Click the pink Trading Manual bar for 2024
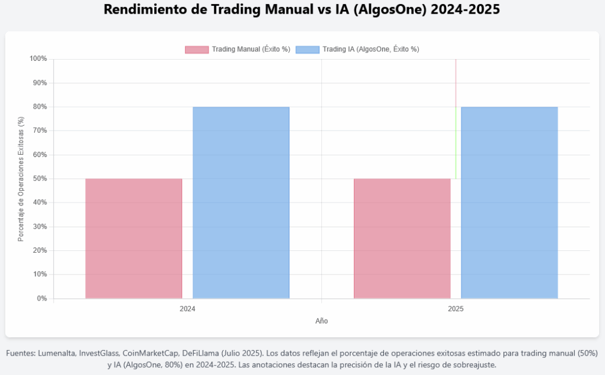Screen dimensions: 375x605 click(x=134, y=239)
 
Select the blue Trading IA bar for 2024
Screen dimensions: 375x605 click(x=241, y=203)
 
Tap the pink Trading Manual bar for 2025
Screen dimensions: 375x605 click(x=402, y=239)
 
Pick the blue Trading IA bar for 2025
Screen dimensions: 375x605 click(x=509, y=203)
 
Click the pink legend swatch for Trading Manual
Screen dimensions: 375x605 click(x=197, y=50)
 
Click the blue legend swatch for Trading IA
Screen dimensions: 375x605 click(x=307, y=50)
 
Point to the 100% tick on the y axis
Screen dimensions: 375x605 click(x=38, y=59)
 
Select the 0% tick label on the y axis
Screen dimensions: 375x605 click(x=41, y=299)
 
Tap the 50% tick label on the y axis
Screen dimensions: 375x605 click(x=40, y=179)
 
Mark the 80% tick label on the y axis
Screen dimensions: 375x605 click(x=40, y=107)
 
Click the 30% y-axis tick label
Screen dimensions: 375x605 click(x=40, y=227)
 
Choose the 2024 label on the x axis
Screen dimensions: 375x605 click(x=187, y=309)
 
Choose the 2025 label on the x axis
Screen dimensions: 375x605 click(x=456, y=309)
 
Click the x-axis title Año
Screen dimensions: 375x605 click(x=321, y=321)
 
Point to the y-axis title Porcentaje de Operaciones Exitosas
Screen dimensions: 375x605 click(x=21, y=179)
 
